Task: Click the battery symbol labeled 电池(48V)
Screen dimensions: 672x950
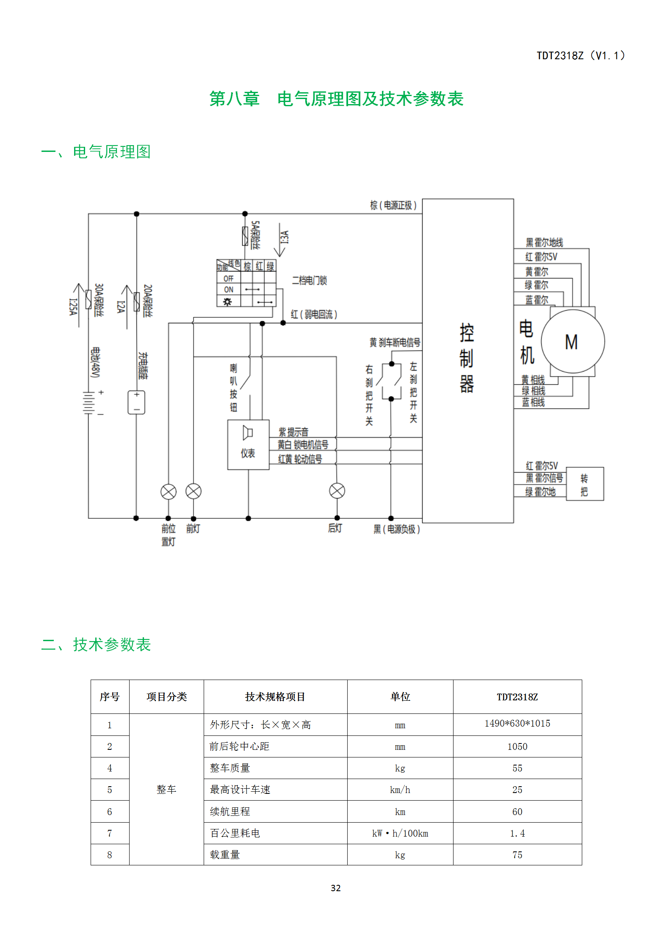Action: click(x=88, y=402)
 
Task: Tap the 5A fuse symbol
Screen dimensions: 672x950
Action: click(x=245, y=236)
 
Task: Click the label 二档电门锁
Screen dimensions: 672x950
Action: click(x=309, y=280)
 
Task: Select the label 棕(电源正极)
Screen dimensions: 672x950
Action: click(x=393, y=205)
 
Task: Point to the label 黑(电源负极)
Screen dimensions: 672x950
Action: click(x=396, y=529)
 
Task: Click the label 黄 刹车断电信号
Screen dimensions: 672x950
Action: click(x=395, y=342)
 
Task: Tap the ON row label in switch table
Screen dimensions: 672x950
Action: click(x=229, y=289)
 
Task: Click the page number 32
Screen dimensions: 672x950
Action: click(x=336, y=888)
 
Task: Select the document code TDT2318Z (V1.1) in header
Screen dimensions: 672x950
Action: click(x=581, y=55)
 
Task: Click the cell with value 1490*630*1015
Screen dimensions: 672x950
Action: click(x=517, y=723)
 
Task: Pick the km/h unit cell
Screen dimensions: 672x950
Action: click(x=400, y=790)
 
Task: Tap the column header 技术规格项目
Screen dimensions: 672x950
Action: click(x=275, y=697)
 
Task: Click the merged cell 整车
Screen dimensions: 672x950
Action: click(x=166, y=789)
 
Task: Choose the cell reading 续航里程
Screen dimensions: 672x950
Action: click(x=230, y=811)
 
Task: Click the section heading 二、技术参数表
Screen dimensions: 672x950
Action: click(x=96, y=644)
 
